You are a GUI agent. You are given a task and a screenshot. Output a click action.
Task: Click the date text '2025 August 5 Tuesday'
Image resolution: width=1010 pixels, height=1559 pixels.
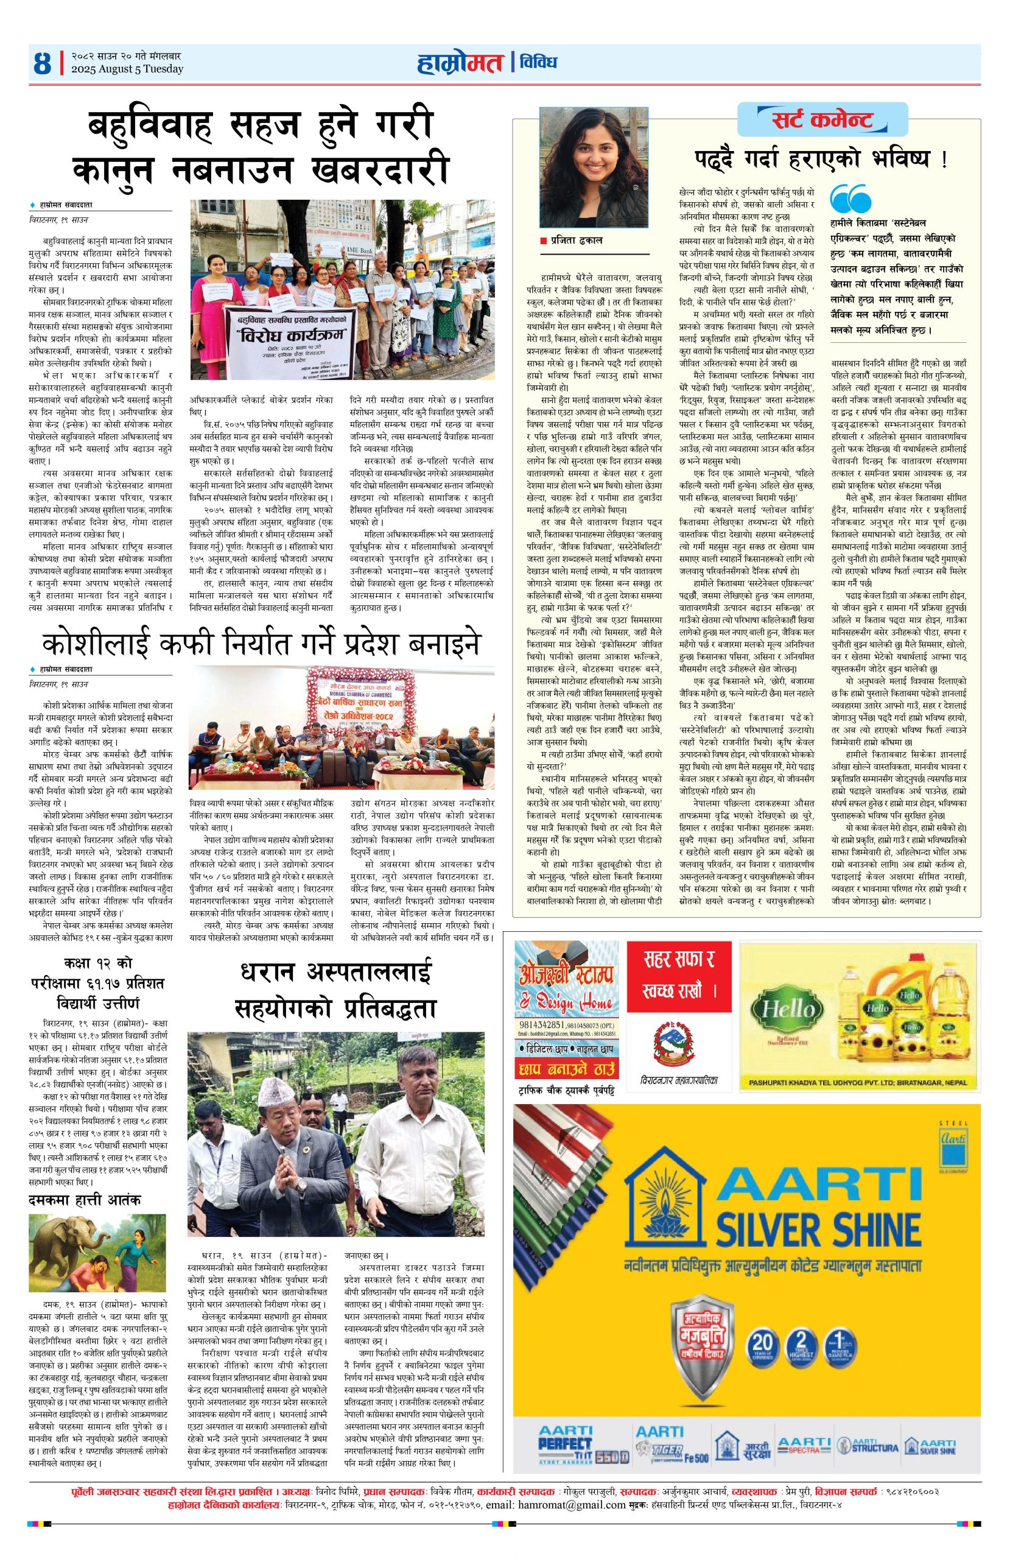click(127, 69)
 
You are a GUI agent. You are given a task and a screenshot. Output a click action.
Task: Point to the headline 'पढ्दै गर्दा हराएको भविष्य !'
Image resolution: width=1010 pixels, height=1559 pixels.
click(821, 160)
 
